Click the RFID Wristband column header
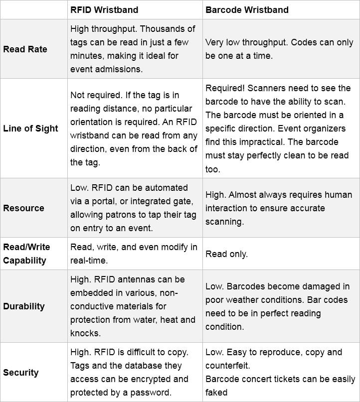click(104, 9)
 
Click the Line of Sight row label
click(30, 128)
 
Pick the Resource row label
click(23, 208)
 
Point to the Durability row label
click(24, 306)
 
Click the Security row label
click(20, 372)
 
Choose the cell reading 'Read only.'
click(226, 254)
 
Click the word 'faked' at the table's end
click(216, 393)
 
